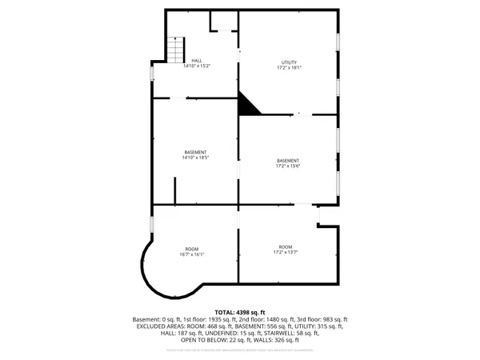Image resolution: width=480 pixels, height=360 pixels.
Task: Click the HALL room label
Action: [196, 61]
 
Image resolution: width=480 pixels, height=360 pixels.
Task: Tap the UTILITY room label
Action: [288, 62]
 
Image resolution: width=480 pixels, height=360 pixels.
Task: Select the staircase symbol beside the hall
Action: [174, 50]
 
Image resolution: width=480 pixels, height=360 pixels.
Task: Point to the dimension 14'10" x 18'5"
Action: [195, 158]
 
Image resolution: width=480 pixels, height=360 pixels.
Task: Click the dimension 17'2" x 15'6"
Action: [288, 166]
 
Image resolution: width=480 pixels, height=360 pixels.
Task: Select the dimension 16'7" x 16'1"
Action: [192, 255]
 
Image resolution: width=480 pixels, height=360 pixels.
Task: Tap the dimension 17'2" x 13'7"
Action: [286, 252]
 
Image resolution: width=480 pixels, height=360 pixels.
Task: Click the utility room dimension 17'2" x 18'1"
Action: [288, 68]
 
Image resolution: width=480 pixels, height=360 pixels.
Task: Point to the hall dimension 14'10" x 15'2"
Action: [196, 66]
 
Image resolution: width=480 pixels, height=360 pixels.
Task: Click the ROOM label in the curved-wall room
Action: [192, 250]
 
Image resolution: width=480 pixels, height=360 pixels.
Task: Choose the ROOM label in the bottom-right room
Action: [286, 246]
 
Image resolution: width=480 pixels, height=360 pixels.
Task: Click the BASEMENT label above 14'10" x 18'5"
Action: [195, 152]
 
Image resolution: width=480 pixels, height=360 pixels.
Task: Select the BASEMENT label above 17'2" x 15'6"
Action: [288, 160]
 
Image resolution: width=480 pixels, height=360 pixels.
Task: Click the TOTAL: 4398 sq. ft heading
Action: [239, 311]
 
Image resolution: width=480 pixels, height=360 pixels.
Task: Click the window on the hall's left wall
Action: [152, 73]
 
